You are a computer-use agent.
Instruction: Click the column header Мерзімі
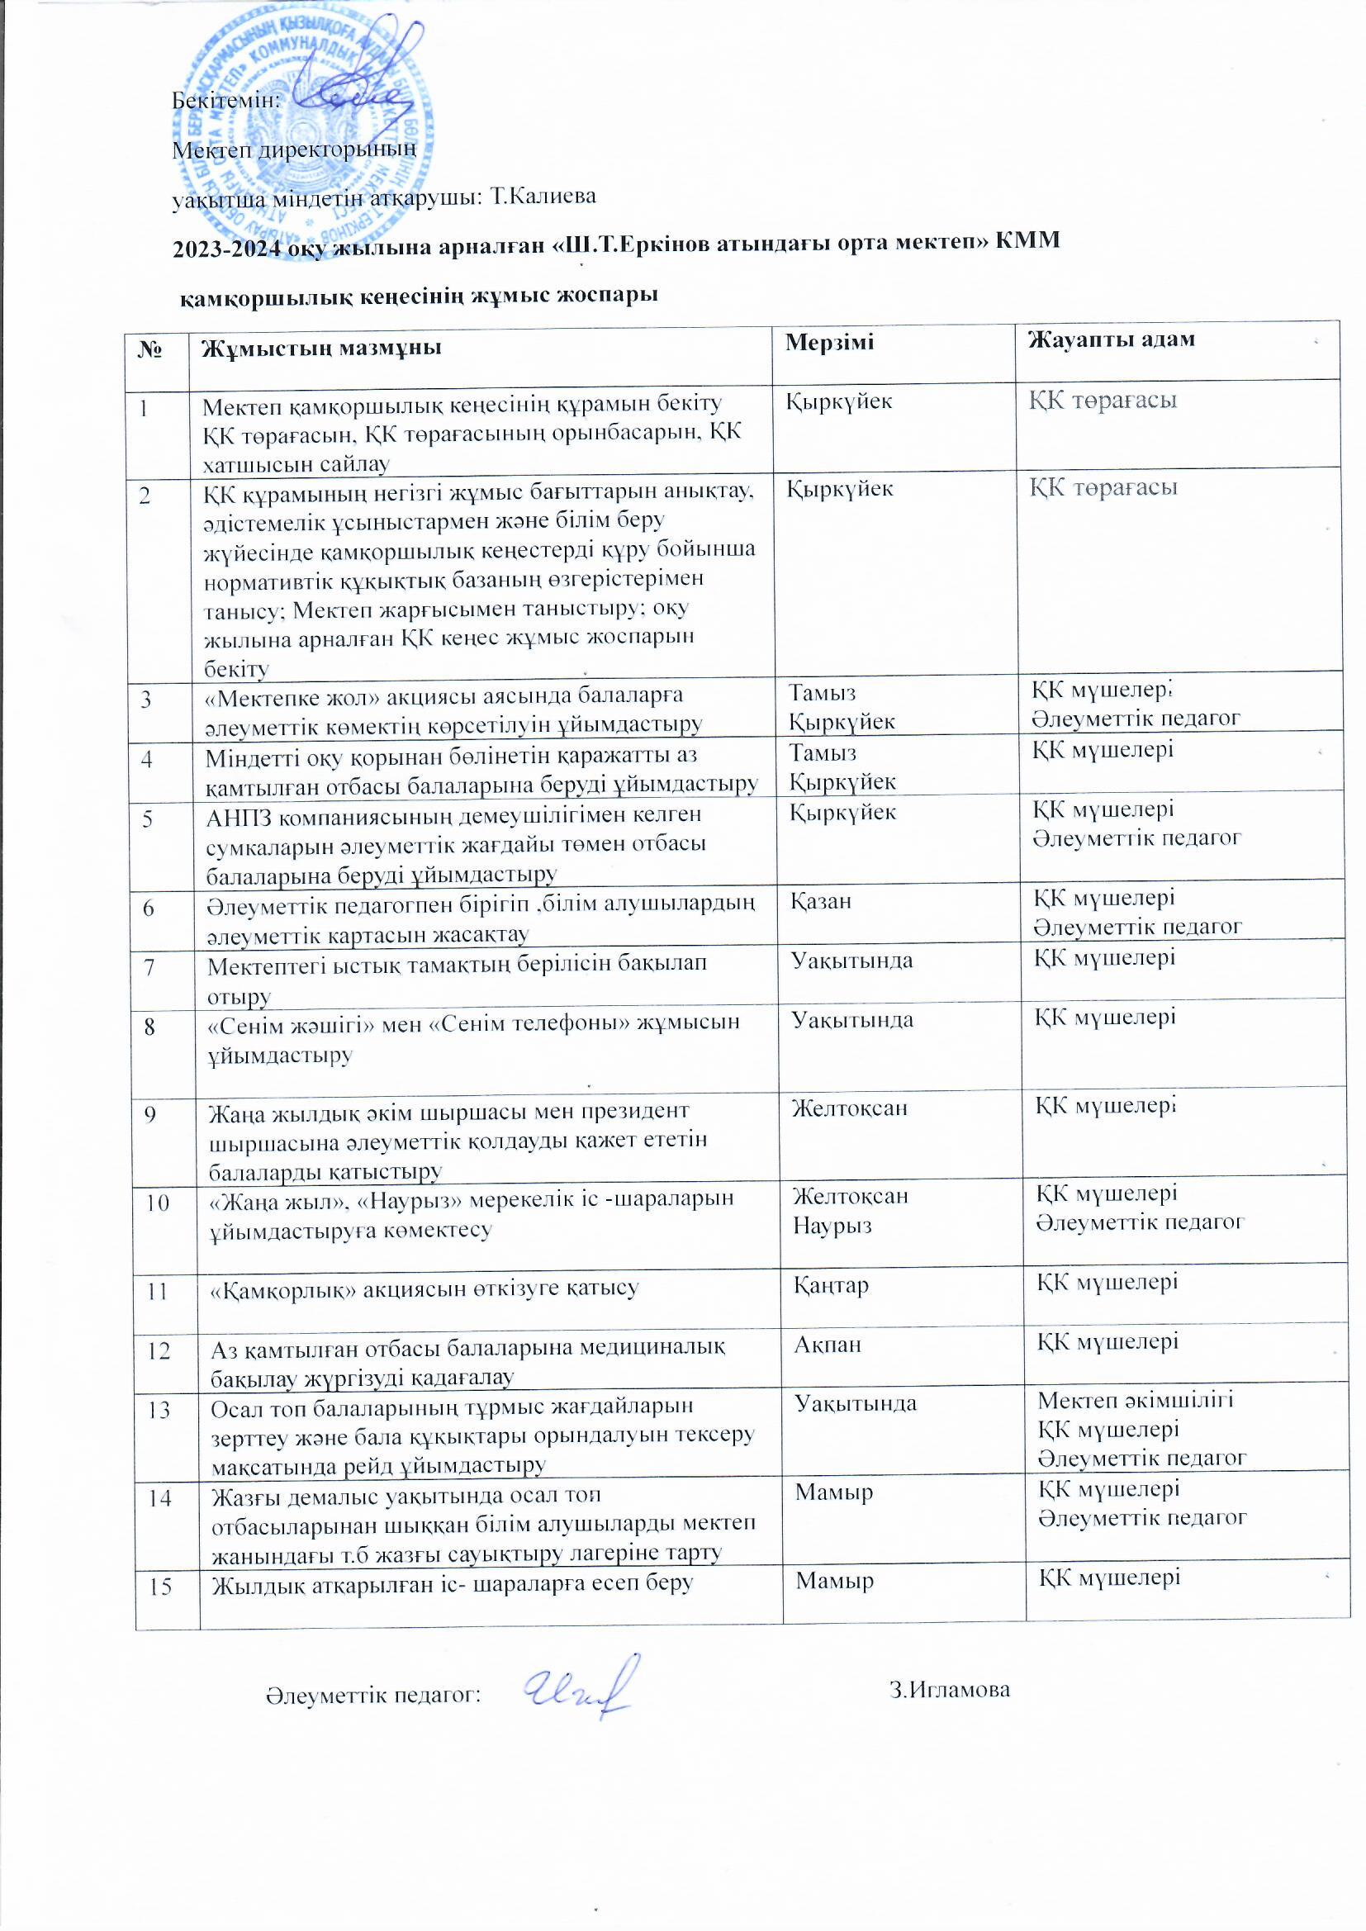coord(828,342)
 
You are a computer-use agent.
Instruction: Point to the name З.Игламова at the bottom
coord(950,1690)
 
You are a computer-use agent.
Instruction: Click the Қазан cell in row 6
coord(821,902)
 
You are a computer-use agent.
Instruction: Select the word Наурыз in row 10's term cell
coord(832,1226)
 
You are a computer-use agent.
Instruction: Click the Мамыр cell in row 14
coord(834,1492)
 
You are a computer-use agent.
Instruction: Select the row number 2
coord(146,496)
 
